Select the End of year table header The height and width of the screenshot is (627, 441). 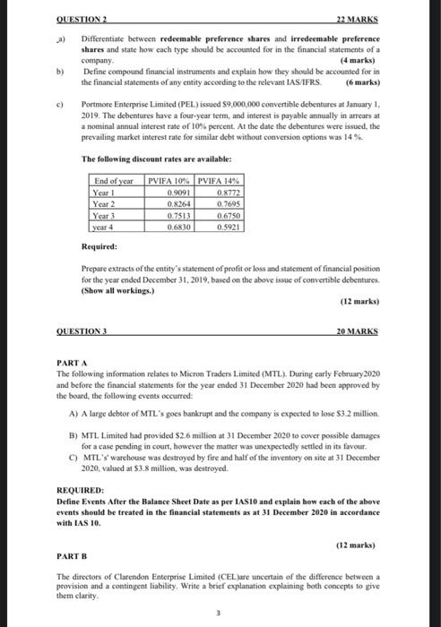[x=115, y=183]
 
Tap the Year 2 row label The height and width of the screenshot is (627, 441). [x=106, y=203]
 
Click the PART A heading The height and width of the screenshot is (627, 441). [x=68, y=361]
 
